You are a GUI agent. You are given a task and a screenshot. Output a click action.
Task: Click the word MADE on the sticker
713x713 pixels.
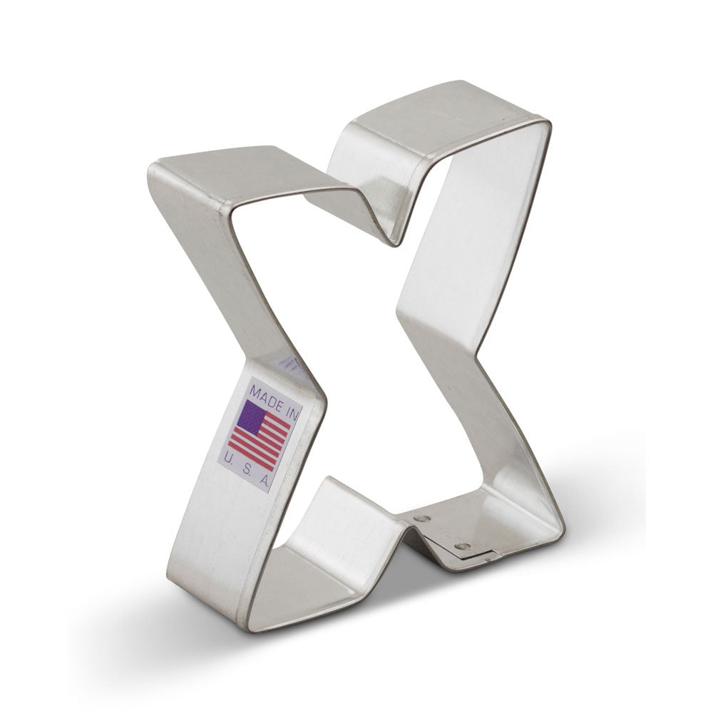click(266, 394)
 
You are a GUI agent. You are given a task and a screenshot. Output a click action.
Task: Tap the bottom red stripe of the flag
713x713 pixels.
click(253, 456)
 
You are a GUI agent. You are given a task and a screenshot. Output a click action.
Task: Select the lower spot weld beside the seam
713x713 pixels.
click(462, 545)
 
